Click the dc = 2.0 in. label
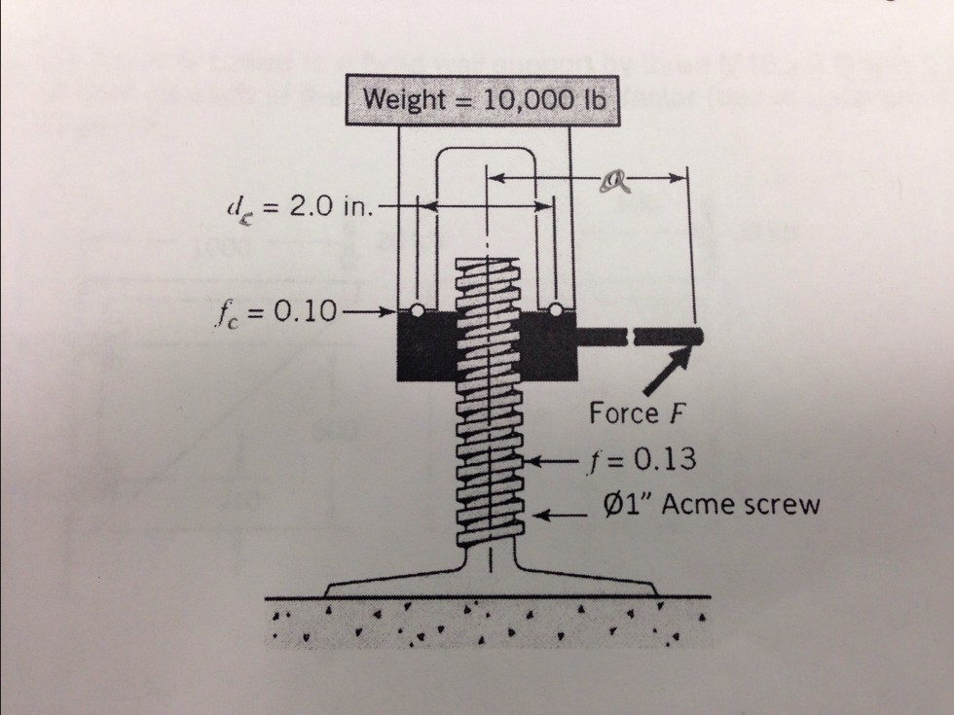[292, 206]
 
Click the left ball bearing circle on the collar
[416, 311]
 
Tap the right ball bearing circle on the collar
[556, 311]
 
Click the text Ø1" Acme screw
[710, 506]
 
